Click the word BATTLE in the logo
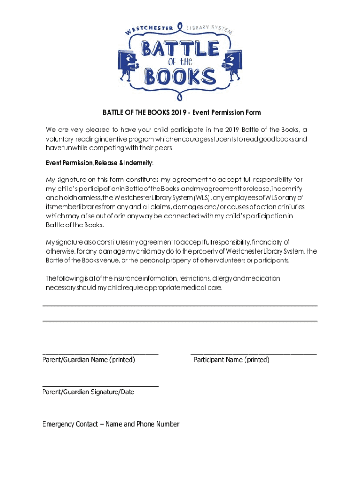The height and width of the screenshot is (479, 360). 180,48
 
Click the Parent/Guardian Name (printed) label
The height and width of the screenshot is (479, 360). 88,360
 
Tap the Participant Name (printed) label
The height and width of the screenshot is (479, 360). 231,360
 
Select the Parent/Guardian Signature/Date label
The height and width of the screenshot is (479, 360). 88,392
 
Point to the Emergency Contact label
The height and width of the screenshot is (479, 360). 110,424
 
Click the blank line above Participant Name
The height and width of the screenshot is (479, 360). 253,355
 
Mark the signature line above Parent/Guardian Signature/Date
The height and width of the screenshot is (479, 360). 101,386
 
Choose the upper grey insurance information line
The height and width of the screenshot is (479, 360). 180,306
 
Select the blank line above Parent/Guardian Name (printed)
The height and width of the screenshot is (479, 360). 101,355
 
